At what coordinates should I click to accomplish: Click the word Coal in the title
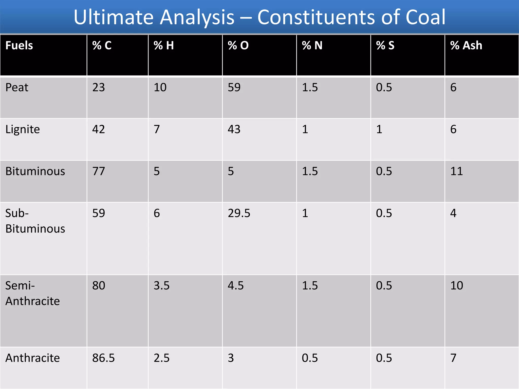click(425, 17)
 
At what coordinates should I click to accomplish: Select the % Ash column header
click(466, 46)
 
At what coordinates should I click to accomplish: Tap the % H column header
click(164, 46)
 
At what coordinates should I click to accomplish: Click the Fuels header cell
click(19, 46)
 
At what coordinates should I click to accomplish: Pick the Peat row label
click(17, 88)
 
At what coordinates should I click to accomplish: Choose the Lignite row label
click(23, 129)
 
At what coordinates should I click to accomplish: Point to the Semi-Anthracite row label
click(32, 293)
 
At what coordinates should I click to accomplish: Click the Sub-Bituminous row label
click(35, 221)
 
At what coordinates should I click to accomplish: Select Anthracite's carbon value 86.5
click(103, 358)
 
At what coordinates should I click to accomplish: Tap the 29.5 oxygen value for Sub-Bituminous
click(239, 213)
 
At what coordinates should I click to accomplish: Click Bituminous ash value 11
click(456, 171)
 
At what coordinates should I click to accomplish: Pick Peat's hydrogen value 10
click(160, 88)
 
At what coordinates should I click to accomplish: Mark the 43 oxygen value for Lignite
click(234, 129)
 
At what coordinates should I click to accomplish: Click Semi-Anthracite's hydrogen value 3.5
click(161, 286)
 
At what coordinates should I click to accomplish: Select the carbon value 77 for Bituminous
click(98, 171)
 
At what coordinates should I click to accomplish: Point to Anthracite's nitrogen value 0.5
click(310, 358)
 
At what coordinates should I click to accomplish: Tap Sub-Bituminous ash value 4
click(453, 213)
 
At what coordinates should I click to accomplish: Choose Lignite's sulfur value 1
click(379, 129)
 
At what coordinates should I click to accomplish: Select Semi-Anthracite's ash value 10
click(457, 286)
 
